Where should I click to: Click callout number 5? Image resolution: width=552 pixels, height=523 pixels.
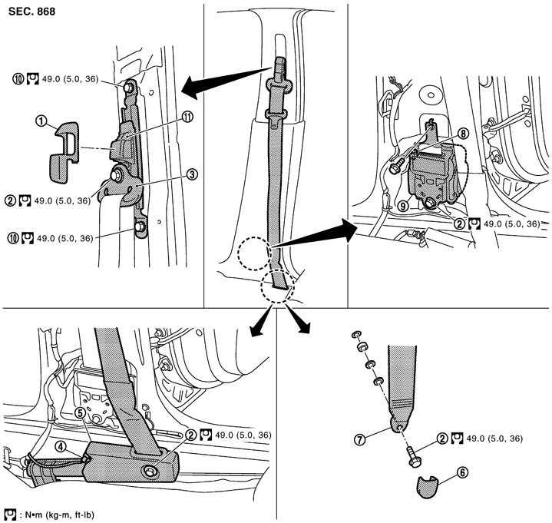coord(81,412)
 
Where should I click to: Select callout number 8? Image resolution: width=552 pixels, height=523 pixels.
coord(462,132)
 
